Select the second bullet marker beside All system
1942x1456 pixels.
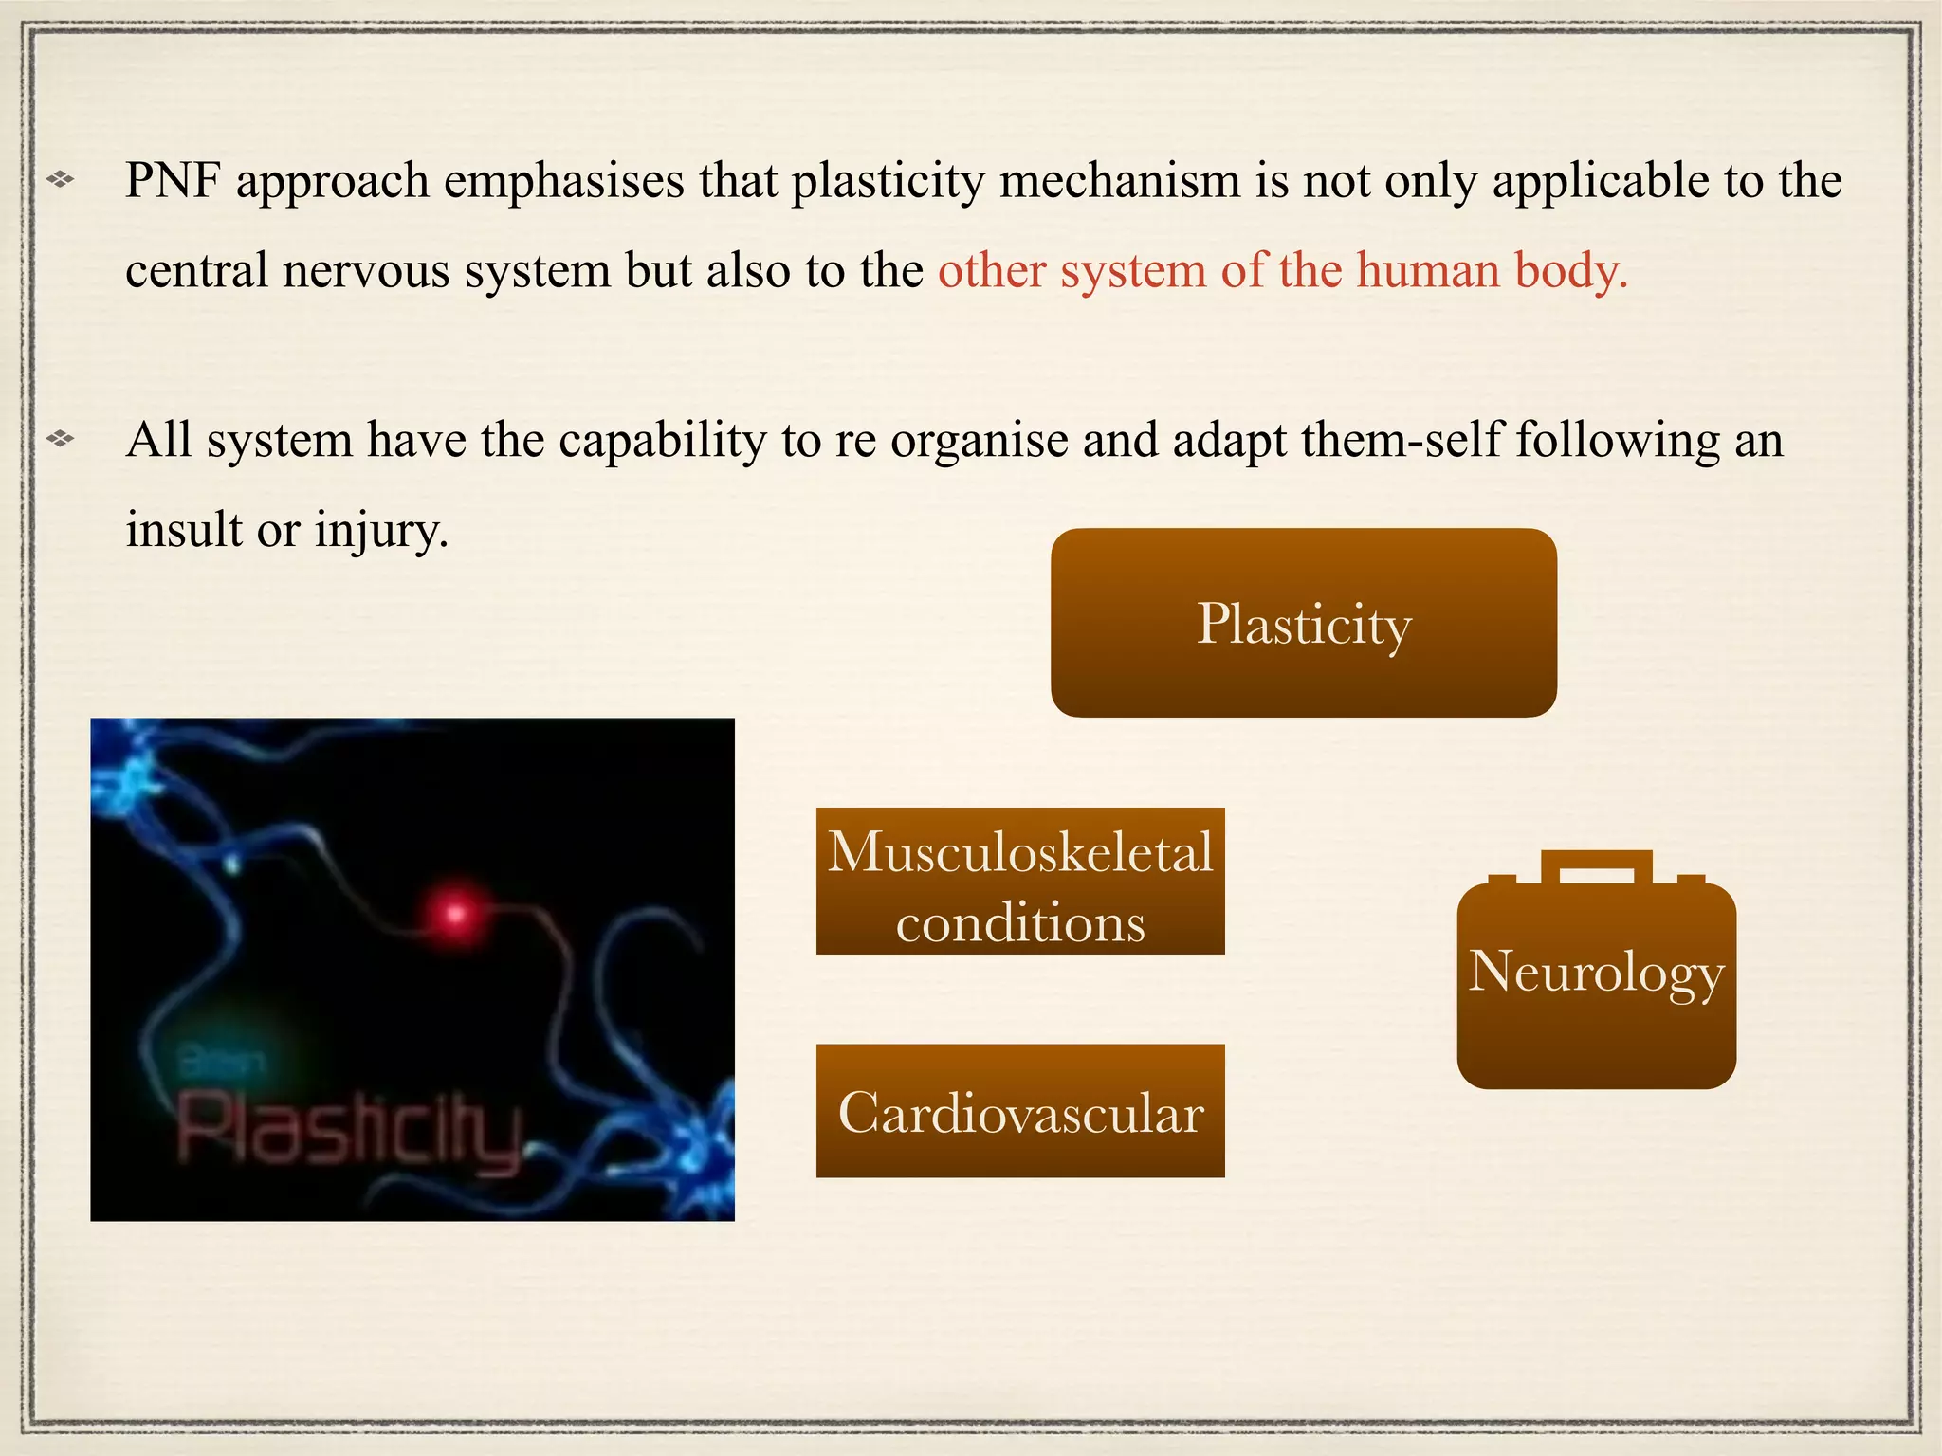pos(61,438)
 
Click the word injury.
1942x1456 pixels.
pos(381,531)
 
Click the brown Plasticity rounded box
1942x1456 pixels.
pos(1304,623)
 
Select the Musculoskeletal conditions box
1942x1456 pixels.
pos(1020,882)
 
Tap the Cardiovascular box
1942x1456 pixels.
pos(1020,1112)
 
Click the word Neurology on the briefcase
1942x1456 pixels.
pos(1596,973)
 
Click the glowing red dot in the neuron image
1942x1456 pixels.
pos(455,914)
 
